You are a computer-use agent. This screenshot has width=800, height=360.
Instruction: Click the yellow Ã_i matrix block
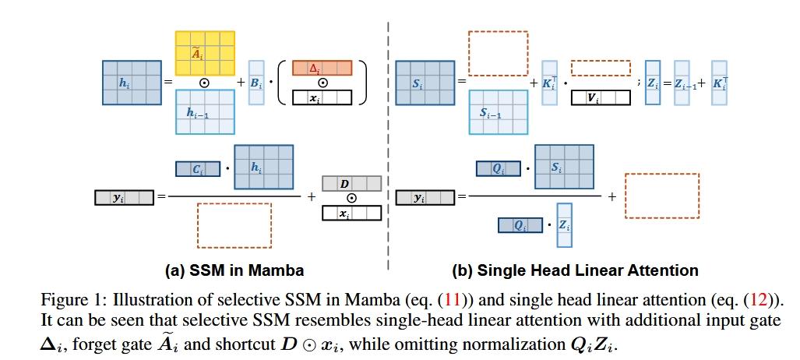point(205,53)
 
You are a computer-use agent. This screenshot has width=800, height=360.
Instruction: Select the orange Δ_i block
point(322,68)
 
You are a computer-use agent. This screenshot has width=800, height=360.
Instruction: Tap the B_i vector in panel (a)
point(256,83)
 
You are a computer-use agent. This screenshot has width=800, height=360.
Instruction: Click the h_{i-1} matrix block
point(205,112)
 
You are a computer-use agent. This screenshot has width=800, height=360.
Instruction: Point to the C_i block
point(197,169)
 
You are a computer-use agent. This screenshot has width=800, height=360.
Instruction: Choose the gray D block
point(351,183)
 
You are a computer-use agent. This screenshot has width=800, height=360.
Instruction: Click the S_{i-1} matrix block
point(498,112)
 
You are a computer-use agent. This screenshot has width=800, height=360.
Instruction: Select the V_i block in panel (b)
point(601,97)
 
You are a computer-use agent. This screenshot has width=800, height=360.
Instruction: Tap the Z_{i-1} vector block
point(682,83)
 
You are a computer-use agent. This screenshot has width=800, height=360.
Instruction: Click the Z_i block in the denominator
point(565,225)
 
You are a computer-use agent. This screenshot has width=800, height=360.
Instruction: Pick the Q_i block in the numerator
point(499,169)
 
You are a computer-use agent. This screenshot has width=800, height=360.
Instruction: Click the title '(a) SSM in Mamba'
point(234,270)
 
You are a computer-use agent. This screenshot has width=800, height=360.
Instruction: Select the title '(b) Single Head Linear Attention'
point(575,270)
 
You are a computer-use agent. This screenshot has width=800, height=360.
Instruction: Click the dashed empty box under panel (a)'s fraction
point(234,225)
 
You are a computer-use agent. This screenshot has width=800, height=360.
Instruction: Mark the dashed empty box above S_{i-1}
point(498,53)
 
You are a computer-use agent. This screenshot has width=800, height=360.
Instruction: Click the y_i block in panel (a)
point(124,198)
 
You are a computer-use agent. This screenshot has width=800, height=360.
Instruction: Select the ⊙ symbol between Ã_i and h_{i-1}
point(205,83)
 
